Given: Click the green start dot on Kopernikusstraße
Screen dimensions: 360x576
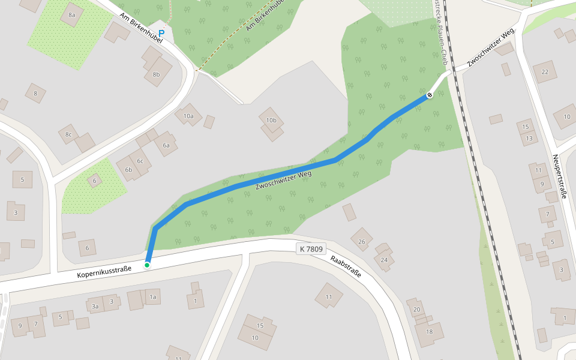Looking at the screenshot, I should click(147, 265).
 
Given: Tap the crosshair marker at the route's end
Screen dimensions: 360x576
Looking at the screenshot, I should click(430, 95).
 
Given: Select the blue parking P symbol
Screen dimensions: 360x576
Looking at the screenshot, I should click(161, 33).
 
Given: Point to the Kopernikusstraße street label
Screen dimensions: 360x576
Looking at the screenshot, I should click(104, 273).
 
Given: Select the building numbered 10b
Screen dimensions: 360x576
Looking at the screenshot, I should click(271, 121).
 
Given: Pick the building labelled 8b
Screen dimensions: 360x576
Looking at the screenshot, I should click(157, 74).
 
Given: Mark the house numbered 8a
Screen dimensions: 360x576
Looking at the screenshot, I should click(72, 14).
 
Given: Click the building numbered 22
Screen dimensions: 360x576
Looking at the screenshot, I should click(545, 72).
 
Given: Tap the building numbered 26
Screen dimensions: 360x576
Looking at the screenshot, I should click(361, 241).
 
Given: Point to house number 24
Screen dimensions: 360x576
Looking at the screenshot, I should click(384, 259).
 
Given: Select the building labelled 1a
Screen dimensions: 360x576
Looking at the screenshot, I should click(152, 296).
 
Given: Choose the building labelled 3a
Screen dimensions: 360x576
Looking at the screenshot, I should click(95, 306).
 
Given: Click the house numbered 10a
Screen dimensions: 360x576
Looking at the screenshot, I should click(188, 115).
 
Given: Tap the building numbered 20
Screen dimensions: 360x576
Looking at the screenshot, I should click(416, 308).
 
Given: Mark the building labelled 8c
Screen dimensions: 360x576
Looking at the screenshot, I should click(68, 134).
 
